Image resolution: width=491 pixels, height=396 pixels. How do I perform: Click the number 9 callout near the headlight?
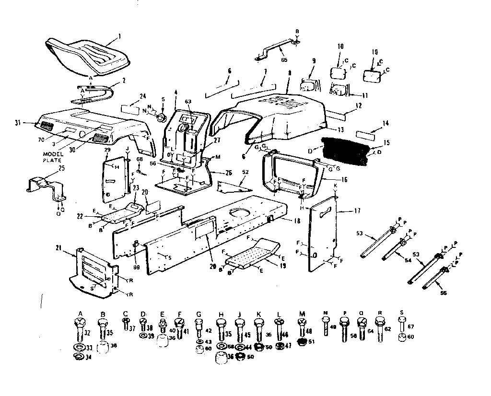tap(314, 61)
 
